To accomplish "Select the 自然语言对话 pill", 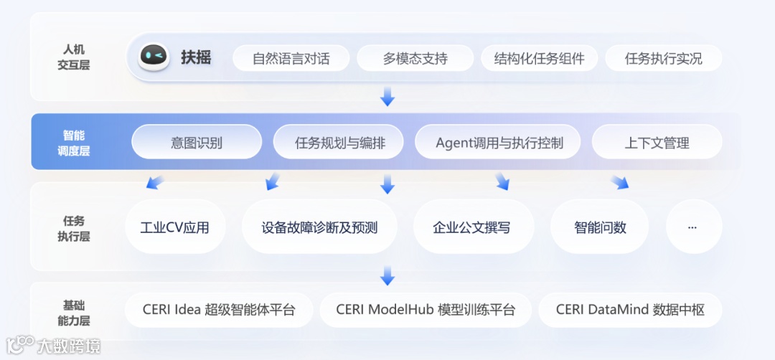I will [x=291, y=59].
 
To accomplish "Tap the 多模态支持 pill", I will [x=415, y=59].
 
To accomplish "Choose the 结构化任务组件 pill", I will [x=539, y=59].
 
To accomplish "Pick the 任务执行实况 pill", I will [x=663, y=59].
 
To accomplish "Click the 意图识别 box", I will [x=197, y=143].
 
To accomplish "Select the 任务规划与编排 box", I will [x=339, y=143].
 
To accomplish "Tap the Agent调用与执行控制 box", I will [x=499, y=143].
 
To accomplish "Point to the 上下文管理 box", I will [x=657, y=143].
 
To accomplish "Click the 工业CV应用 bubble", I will [x=175, y=227].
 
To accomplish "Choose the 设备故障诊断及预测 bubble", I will [x=319, y=227].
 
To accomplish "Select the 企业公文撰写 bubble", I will [x=474, y=227].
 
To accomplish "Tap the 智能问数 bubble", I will [x=600, y=227].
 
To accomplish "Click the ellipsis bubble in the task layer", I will [x=692, y=227].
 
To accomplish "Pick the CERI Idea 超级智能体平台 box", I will [x=218, y=311].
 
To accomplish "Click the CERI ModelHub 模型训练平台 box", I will [x=426, y=311].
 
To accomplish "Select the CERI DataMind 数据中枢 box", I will [x=629, y=311].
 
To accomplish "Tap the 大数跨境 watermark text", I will [x=69, y=346].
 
